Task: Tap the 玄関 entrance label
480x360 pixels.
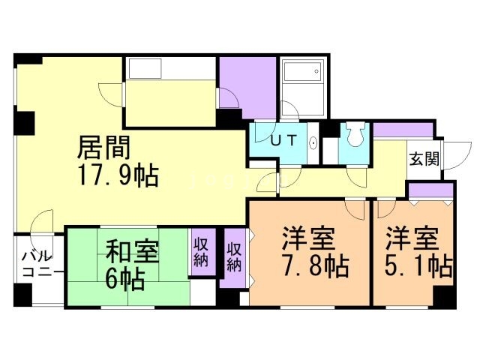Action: [x=424, y=159]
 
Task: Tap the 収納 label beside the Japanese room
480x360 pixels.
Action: [x=200, y=253]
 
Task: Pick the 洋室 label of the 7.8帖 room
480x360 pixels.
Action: [x=307, y=240]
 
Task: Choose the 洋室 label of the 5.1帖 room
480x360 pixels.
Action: [x=411, y=240]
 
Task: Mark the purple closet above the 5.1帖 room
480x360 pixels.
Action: [x=430, y=189]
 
